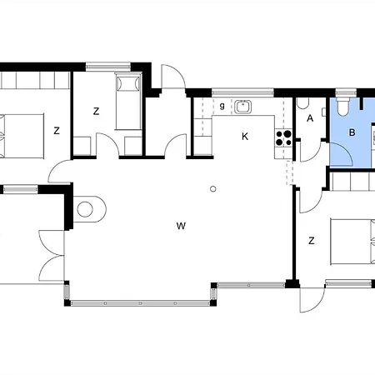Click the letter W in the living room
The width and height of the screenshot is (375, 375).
tap(181, 226)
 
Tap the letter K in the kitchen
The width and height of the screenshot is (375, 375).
tap(245, 137)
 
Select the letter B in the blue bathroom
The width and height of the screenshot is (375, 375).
tap(352, 132)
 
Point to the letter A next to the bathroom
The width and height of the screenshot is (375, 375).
tap(310, 118)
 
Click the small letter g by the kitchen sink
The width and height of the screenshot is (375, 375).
tap(222, 106)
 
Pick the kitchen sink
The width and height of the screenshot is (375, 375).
tap(243, 107)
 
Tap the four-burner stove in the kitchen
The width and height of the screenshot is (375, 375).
tap(283, 137)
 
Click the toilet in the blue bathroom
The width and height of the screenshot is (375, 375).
tap(342, 107)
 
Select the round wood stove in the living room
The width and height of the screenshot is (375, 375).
tap(85, 209)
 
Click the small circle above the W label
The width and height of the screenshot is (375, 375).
tap(213, 189)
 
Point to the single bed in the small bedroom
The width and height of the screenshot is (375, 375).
tap(128, 101)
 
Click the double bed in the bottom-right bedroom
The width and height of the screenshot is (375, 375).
tap(352, 242)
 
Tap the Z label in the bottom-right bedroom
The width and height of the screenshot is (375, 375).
tap(312, 241)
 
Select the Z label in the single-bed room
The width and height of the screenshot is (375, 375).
tap(96, 112)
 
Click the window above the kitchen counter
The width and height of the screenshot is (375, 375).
tap(242, 92)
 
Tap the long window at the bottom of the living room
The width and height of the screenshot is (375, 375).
tap(140, 303)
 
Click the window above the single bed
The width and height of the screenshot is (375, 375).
tap(108, 67)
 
